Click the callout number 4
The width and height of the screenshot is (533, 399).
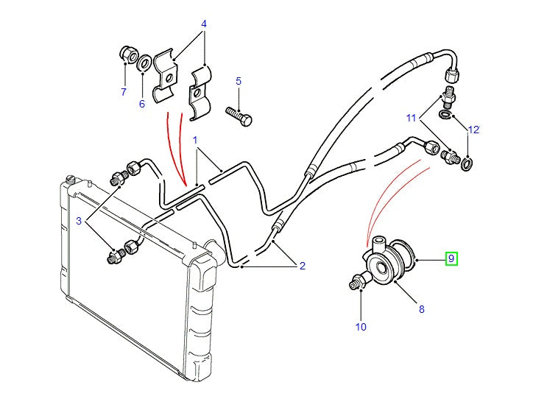click(x=204, y=24)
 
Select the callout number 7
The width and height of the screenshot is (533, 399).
click(x=124, y=92)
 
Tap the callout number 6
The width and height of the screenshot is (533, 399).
click(x=143, y=104)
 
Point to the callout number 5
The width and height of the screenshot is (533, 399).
click(x=239, y=80)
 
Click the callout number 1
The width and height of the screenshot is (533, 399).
click(x=196, y=139)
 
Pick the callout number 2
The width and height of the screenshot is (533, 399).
click(x=302, y=266)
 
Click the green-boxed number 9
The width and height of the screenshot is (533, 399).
click(x=452, y=258)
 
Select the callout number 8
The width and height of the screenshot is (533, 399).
click(x=422, y=309)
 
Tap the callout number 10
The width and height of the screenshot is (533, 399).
click(x=361, y=326)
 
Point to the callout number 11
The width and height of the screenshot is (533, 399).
click(x=412, y=118)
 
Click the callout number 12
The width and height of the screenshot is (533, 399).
click(x=474, y=130)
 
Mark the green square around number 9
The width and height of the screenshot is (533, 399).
click(x=452, y=258)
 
